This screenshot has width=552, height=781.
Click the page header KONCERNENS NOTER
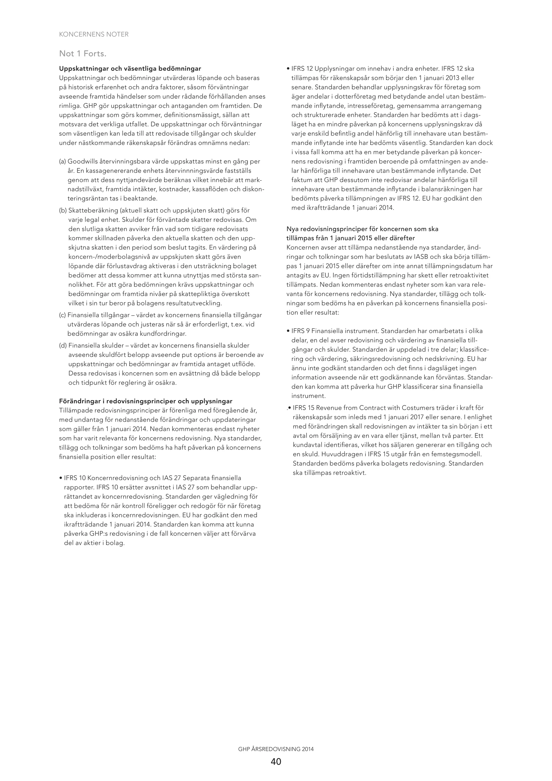(x=94, y=34)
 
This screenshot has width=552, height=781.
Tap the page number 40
(x=276, y=761)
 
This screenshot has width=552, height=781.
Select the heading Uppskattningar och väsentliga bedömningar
(x=130, y=69)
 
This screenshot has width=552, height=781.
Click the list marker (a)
(x=63, y=161)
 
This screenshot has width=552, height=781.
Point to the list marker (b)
(x=63, y=211)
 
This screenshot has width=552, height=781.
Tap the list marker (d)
(x=63, y=346)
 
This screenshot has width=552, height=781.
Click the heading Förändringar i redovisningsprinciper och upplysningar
(x=146, y=401)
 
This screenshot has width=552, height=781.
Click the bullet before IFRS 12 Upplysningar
(x=288, y=69)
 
